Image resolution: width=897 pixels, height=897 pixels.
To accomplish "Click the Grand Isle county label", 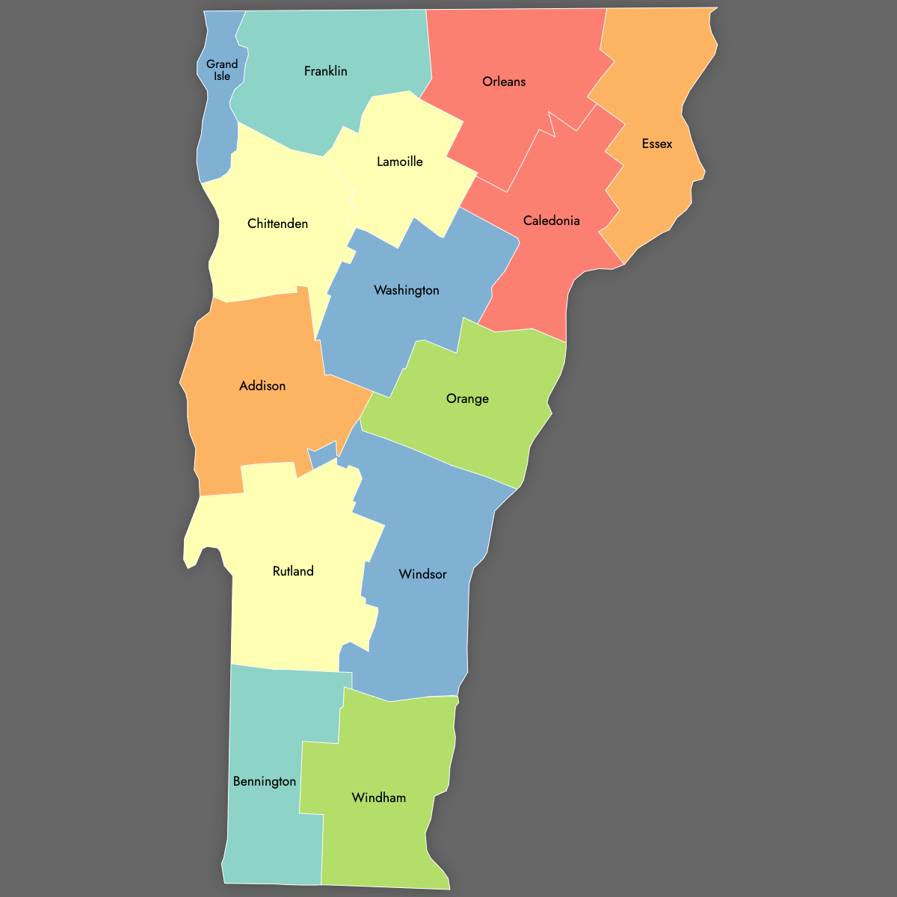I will (x=222, y=70).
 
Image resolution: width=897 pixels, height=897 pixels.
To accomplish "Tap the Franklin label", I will (x=326, y=71).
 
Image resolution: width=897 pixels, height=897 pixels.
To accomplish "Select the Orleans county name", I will (x=504, y=81).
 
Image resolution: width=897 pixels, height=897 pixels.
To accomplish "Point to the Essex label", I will (x=657, y=144).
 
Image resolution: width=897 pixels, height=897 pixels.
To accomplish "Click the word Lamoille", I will (x=400, y=161).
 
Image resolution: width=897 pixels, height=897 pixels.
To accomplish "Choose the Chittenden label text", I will (x=277, y=224).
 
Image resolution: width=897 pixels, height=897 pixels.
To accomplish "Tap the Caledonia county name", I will (x=552, y=221).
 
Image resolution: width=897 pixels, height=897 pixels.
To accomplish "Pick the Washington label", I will (x=407, y=290).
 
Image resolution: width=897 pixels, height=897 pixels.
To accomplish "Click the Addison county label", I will (x=262, y=386).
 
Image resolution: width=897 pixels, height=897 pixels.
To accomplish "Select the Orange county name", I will (x=467, y=398).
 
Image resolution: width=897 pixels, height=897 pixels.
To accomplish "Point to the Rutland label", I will (x=293, y=571).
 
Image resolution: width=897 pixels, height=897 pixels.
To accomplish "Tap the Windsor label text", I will (x=423, y=574).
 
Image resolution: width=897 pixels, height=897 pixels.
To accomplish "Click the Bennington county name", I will (x=265, y=781).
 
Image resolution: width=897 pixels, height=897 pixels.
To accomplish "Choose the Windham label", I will (x=379, y=798).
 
